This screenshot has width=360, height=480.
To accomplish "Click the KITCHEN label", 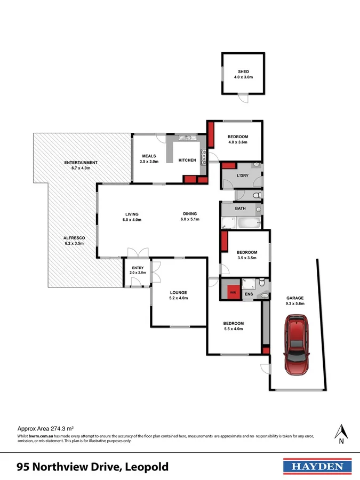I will click(x=187, y=160).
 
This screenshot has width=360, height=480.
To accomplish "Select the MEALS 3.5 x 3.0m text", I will click(x=149, y=158).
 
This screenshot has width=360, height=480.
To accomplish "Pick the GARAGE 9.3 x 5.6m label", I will click(x=294, y=300).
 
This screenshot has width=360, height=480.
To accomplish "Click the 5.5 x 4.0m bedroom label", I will click(x=233, y=326).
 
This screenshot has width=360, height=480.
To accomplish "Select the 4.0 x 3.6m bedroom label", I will click(x=238, y=139).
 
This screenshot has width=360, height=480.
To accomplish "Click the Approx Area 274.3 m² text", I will click(x=45, y=428).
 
